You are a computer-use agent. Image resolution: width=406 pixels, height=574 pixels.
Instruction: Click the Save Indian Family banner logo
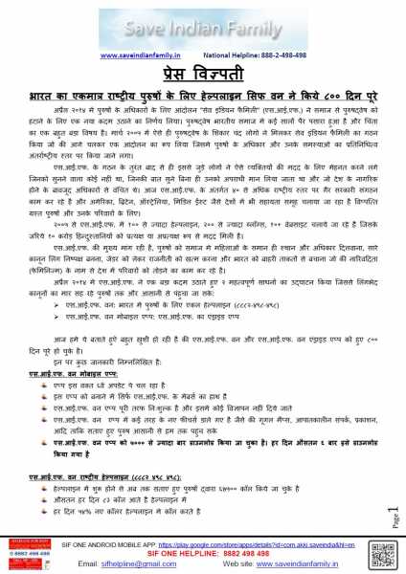click(x=202, y=21)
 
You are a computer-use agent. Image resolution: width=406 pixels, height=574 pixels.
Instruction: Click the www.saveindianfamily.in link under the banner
click(x=143, y=55)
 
